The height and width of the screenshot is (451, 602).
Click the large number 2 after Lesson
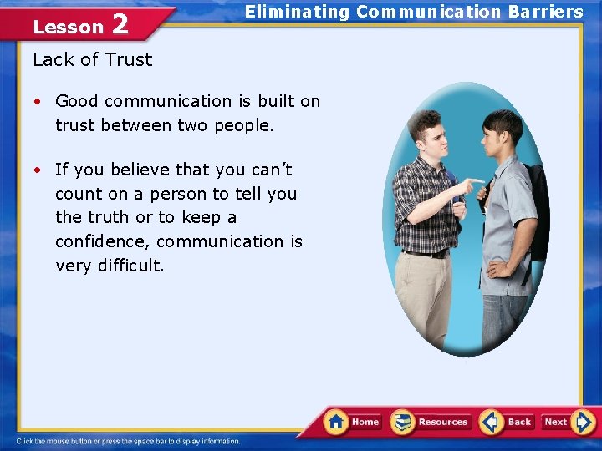tap(120, 24)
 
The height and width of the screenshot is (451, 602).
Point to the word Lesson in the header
tap(68, 27)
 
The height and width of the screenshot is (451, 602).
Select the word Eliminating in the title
tap(297, 12)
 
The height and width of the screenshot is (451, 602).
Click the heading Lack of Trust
tap(93, 59)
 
